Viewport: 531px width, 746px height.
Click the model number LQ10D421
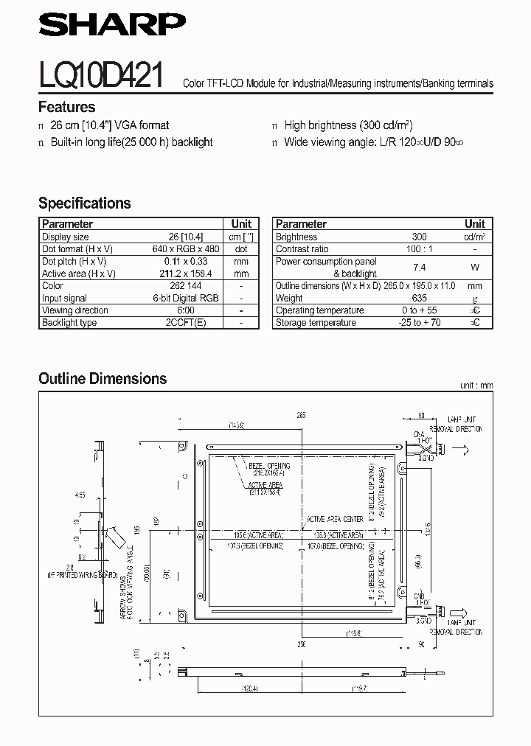click(x=102, y=75)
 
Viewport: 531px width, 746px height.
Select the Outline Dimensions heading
click(x=103, y=379)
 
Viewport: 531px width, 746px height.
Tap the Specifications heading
click(x=84, y=203)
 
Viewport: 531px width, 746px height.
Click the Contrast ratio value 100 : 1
click(x=419, y=249)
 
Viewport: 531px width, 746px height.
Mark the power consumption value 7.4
click(x=419, y=268)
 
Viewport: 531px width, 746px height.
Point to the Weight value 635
click(x=419, y=298)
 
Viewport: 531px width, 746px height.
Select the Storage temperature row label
click(x=316, y=323)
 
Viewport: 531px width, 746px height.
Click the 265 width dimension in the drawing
click(x=301, y=416)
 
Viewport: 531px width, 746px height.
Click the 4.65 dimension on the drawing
click(x=80, y=496)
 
